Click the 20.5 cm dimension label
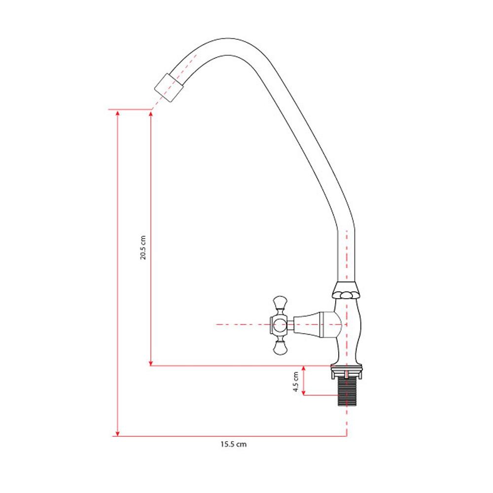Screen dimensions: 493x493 [143, 247]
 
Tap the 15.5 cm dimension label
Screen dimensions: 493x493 [233, 444]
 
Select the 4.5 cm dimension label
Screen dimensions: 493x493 [295, 382]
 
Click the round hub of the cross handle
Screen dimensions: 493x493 [279, 325]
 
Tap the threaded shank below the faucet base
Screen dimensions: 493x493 [347, 392]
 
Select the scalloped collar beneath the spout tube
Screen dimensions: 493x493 [346, 290]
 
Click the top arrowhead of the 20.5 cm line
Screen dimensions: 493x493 [151, 113]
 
